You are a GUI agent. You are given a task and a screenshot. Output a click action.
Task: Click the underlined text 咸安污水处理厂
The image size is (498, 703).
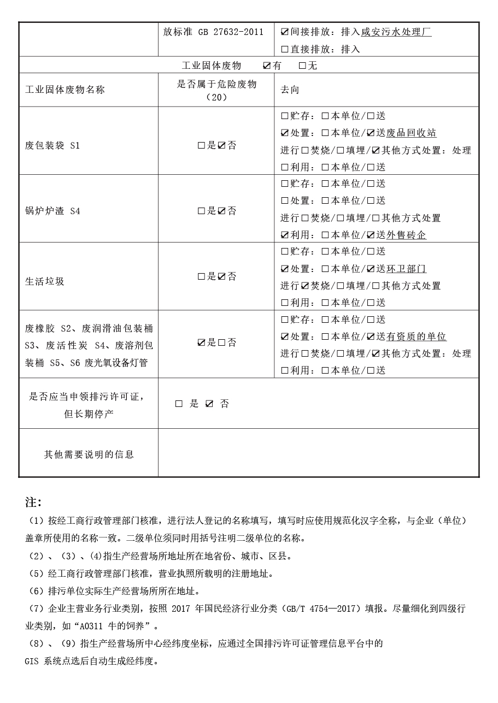(396, 32)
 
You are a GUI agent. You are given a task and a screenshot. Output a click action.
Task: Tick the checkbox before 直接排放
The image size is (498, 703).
(284, 49)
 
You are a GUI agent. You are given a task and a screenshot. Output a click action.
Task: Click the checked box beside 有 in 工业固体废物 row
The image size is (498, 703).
(267, 66)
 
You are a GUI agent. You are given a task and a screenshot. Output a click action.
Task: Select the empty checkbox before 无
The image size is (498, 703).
(302, 66)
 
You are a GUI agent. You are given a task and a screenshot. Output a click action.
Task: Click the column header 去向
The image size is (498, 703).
(290, 90)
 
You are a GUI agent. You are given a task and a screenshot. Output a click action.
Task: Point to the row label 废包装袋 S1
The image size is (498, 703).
(52, 146)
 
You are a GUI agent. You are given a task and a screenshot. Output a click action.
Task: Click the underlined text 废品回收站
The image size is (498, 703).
(411, 133)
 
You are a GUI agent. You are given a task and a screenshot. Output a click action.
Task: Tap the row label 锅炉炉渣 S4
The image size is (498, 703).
(52, 211)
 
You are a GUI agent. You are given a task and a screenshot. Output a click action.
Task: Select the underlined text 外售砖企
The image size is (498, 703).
(406, 235)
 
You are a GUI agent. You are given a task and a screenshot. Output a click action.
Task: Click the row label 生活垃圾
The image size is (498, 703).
(45, 281)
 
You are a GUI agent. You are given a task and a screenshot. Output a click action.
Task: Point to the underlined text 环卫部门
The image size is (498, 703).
(406, 269)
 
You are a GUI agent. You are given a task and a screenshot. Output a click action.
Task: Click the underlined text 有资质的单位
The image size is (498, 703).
(416, 336)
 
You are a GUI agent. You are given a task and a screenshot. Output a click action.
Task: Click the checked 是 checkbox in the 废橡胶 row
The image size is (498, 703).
(202, 343)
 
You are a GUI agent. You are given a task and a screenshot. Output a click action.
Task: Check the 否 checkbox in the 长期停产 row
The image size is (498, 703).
(209, 404)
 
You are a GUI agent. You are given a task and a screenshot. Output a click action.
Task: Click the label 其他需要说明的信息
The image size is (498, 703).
(89, 454)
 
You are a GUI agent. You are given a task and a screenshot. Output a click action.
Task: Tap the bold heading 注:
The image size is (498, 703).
(33, 502)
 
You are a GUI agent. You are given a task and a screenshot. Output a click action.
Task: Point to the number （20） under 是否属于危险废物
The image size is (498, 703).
(217, 97)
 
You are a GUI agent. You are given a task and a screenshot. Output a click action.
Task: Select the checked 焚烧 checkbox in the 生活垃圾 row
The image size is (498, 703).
(305, 286)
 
